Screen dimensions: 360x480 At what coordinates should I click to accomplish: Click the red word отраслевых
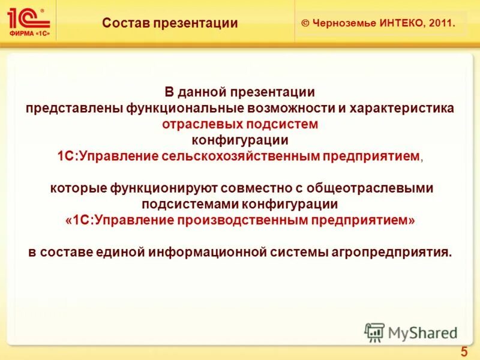(201, 124)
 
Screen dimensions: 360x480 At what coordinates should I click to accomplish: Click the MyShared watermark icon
(374, 332)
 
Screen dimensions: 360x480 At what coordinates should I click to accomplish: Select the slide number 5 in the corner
(464, 351)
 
